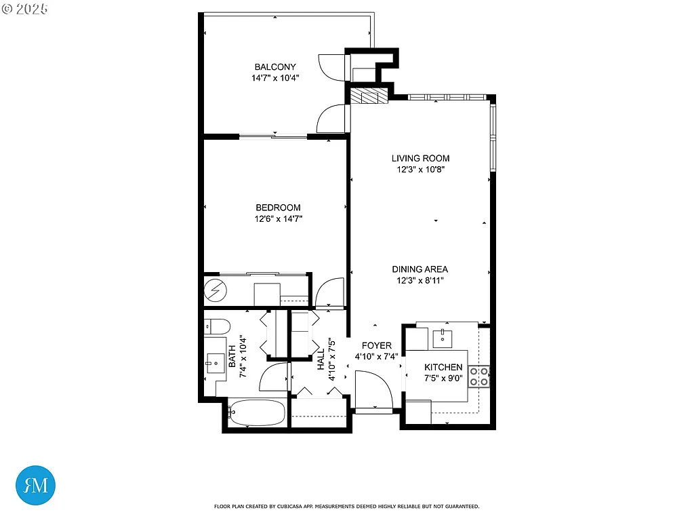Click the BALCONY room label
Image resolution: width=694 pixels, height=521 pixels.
pyautogui.click(x=274, y=66)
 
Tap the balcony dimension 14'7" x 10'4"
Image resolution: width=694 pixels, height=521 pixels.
pyautogui.click(x=274, y=78)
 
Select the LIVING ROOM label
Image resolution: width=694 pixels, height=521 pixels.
pyautogui.click(x=420, y=158)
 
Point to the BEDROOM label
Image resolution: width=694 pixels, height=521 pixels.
pyautogui.click(x=278, y=208)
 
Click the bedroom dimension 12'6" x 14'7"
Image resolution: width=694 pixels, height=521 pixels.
pyautogui.click(x=278, y=219)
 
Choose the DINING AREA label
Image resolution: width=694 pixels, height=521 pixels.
pyautogui.click(x=420, y=269)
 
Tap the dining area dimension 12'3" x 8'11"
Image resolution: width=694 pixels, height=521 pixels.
pyautogui.click(x=420, y=280)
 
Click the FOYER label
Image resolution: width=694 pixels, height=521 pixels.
pyautogui.click(x=376, y=345)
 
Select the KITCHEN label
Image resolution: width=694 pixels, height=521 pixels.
pyautogui.click(x=443, y=367)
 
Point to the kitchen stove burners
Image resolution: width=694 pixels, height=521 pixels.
pyautogui.click(x=479, y=376)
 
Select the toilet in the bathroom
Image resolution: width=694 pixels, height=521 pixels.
pyautogui.click(x=216, y=326)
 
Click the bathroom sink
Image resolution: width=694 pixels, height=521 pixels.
pyautogui.click(x=216, y=362)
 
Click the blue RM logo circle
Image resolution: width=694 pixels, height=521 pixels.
pyautogui.click(x=35, y=485)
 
